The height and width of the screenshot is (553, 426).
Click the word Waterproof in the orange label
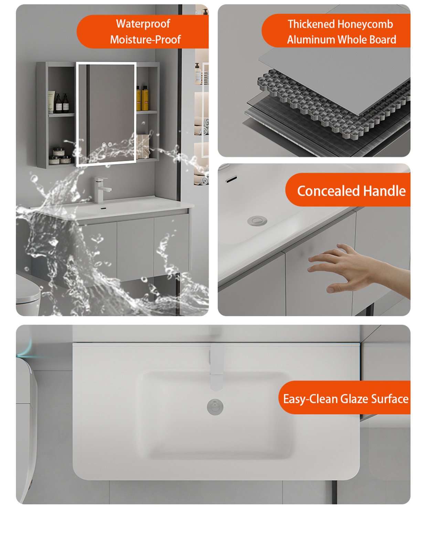[143, 24]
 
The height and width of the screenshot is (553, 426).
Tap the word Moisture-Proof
[145, 40]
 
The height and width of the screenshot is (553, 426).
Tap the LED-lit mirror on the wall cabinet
[106, 114]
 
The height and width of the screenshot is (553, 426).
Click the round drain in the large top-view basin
[215, 407]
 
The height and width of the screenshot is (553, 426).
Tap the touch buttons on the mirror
[107, 145]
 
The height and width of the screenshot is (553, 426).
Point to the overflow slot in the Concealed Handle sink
[231, 179]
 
